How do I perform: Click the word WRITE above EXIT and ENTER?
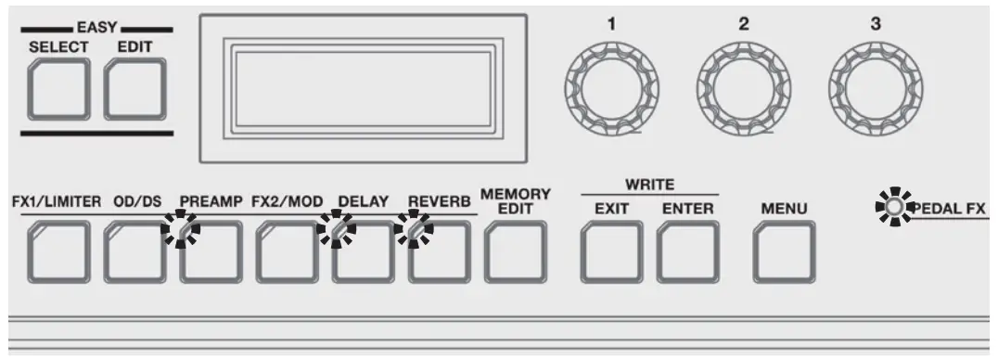point(649,185)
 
